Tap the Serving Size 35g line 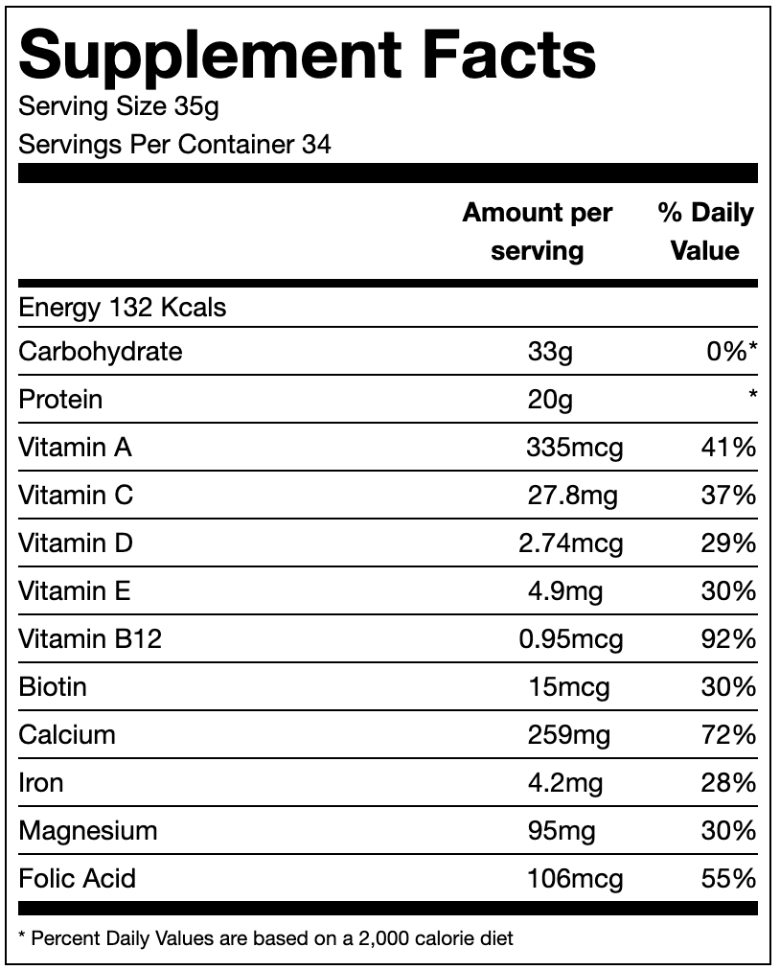tap(119, 105)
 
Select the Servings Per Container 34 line tap(175, 145)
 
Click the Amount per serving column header tap(537, 232)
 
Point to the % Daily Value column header tap(705, 232)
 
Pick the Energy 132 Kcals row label tap(123, 308)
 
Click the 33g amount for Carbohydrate tap(550, 352)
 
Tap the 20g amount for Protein tap(550, 400)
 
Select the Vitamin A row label tap(75, 448)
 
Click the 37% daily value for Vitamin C tap(728, 496)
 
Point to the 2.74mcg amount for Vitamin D tap(570, 543)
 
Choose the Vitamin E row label tap(74, 591)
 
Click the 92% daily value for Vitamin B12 tap(728, 639)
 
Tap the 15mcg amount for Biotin tap(568, 687)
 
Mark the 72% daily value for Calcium tap(728, 735)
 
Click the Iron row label tap(41, 783)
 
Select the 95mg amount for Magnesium tap(561, 831)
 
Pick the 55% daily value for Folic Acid tap(728, 879)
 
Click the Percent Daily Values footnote tap(265, 938)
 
